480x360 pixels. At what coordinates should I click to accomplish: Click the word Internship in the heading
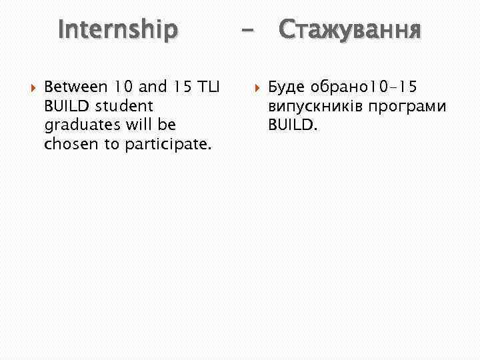[x=118, y=29]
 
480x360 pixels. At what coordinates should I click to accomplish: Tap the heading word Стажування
[x=349, y=29]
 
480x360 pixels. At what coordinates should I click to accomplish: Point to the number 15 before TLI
[x=173, y=86]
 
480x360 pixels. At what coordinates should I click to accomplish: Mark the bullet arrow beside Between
[x=29, y=87]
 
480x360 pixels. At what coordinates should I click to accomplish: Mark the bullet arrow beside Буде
[x=254, y=87]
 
